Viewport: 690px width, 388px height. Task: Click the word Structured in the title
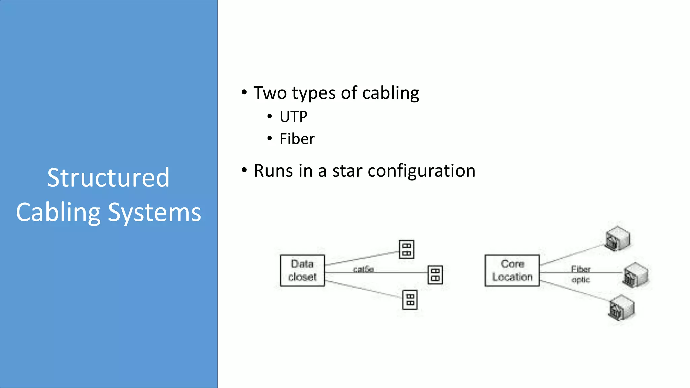[108, 178]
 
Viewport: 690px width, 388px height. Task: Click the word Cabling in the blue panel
[58, 213]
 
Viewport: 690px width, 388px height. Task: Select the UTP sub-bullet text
[293, 117]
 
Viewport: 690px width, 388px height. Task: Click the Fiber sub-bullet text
[297, 139]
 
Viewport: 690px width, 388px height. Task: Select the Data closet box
[302, 270]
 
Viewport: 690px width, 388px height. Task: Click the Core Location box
[512, 270]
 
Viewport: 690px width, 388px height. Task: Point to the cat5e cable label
[363, 269]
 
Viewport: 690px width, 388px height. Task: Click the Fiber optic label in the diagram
[581, 274]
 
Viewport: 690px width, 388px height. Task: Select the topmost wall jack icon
[406, 250]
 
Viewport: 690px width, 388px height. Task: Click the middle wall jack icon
[435, 275]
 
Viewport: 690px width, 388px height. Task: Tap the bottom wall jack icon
[410, 300]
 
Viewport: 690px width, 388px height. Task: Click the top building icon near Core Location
[617, 238]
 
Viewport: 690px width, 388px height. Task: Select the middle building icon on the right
[635, 275]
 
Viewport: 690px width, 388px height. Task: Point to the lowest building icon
[622, 308]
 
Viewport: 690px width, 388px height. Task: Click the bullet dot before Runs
[244, 170]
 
